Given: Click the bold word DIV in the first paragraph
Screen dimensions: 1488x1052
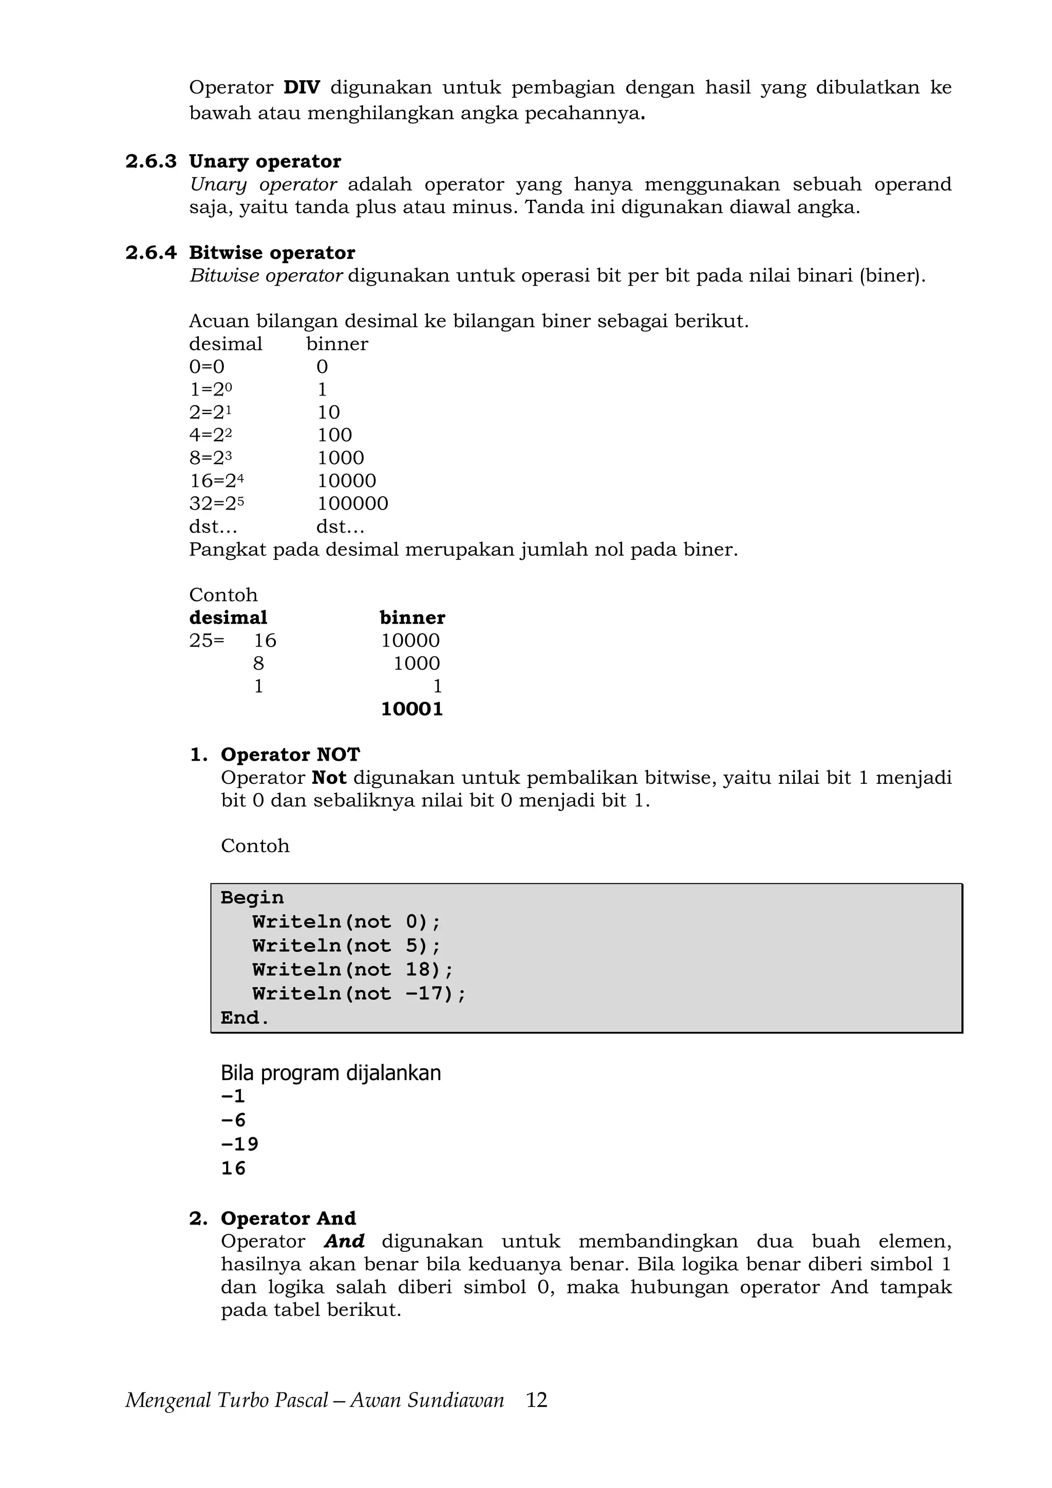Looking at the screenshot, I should (x=302, y=87).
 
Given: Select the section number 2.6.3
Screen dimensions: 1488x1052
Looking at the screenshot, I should (x=151, y=161).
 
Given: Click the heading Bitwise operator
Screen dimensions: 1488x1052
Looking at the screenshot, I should (x=272, y=253).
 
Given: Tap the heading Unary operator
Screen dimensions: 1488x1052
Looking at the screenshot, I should (x=265, y=161).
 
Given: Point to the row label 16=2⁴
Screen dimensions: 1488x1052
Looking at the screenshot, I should (x=216, y=481).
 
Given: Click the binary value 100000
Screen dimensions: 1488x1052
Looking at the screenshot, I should (x=352, y=503).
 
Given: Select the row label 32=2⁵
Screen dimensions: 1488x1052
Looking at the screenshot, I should (x=216, y=503).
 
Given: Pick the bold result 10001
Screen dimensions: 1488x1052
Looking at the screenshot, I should (x=411, y=709).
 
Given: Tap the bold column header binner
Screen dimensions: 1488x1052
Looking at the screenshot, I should (x=412, y=617).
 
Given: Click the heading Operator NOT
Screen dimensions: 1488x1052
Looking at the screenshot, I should (x=290, y=755).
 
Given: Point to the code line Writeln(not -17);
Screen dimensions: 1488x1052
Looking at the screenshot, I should (x=359, y=993).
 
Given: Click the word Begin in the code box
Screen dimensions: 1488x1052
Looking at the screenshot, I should (x=252, y=898).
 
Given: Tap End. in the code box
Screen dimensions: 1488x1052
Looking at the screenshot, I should (x=245, y=1018).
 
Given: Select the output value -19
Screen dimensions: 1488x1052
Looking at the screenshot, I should (x=239, y=1144).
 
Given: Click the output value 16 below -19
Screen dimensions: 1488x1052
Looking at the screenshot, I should (x=233, y=1168).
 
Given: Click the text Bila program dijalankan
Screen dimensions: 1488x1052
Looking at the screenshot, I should (x=331, y=1073).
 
